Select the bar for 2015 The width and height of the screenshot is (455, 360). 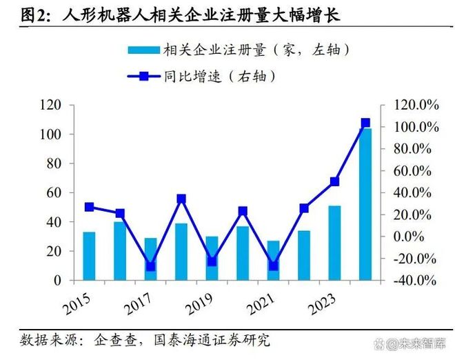(x=89, y=256)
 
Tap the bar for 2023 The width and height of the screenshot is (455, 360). (x=334, y=243)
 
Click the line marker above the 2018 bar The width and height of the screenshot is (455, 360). (x=181, y=199)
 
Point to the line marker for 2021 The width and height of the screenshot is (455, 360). (x=273, y=266)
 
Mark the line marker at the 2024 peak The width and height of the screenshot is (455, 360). (x=365, y=123)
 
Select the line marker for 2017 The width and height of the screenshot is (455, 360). (x=150, y=266)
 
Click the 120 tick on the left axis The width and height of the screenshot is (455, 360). (x=52, y=105)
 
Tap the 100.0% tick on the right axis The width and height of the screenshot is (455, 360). (x=416, y=127)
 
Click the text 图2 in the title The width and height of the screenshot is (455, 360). (x=32, y=14)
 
